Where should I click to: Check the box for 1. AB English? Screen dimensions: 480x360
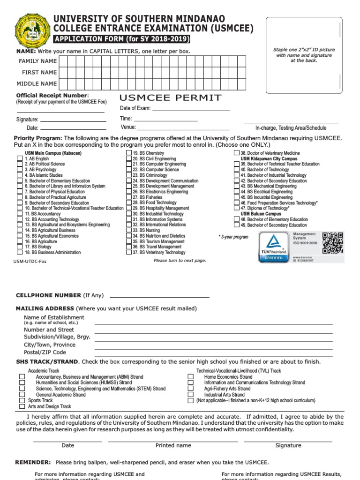(20, 159)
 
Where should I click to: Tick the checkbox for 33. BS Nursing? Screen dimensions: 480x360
(129, 230)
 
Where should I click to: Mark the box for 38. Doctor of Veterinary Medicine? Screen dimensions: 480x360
(237, 153)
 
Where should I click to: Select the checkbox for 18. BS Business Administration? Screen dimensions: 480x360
(20, 252)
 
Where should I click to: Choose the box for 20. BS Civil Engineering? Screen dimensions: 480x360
(129, 159)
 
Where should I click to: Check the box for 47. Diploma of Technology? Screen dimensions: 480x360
(237, 208)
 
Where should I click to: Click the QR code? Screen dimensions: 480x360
(333, 241)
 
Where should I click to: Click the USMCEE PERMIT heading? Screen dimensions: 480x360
(171, 97)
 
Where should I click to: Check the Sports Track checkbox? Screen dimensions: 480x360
(22, 401)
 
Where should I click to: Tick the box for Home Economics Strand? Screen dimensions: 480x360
(190, 376)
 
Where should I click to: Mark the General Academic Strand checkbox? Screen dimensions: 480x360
(22, 395)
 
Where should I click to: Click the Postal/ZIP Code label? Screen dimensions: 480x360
(45, 352)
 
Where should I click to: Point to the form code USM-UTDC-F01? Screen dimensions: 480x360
(30, 262)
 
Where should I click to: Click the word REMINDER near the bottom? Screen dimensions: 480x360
(33, 462)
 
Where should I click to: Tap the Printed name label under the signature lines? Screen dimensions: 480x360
(173, 445)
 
